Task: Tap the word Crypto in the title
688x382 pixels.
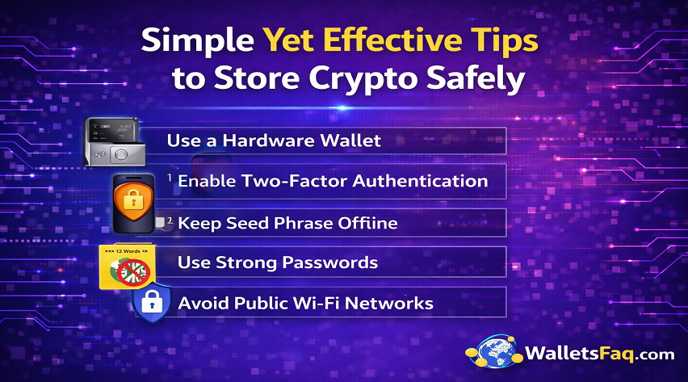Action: tap(363, 78)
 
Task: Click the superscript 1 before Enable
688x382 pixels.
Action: tap(171, 177)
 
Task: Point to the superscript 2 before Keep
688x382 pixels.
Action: tap(170, 219)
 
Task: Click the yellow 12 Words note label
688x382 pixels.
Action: tap(120, 253)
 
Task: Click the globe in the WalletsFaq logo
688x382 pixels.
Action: tap(493, 353)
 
